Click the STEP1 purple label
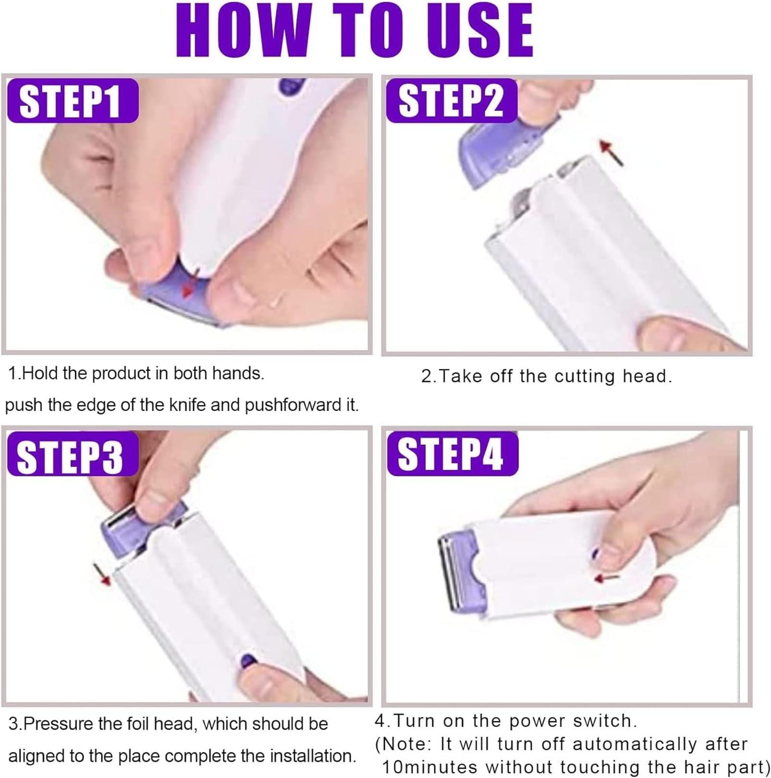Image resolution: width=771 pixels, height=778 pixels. coord(72,101)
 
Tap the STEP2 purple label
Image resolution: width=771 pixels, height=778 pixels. coord(451,101)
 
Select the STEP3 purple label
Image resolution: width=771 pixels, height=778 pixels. coord(72,454)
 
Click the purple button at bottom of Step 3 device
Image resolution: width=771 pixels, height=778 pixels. coord(247,661)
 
